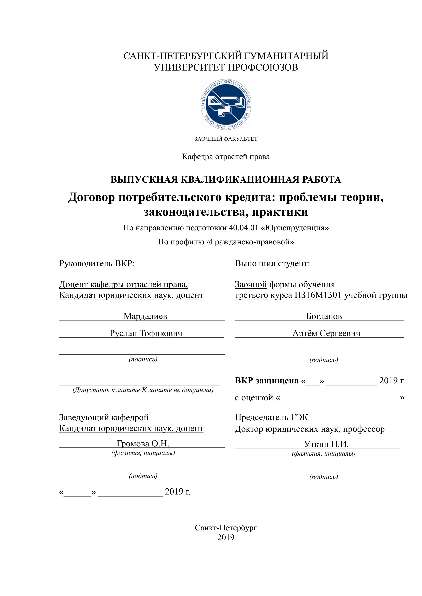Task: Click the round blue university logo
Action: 226,105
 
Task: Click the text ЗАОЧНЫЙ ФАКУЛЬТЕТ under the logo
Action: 226,139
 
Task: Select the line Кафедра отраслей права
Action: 226,157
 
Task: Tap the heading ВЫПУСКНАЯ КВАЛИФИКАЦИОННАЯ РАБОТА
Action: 226,180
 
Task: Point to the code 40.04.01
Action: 244,228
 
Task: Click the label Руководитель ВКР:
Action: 97,264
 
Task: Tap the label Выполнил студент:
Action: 272,264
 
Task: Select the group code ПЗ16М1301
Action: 318,295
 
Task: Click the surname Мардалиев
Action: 145,316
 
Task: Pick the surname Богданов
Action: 324,316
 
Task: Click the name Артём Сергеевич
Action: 326,333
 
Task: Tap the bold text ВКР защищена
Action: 267,381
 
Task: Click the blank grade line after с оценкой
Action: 340,398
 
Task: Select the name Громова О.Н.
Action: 143,444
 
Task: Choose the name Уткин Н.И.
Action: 326,444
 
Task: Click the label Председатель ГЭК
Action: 272,417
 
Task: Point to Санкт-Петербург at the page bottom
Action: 226,528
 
